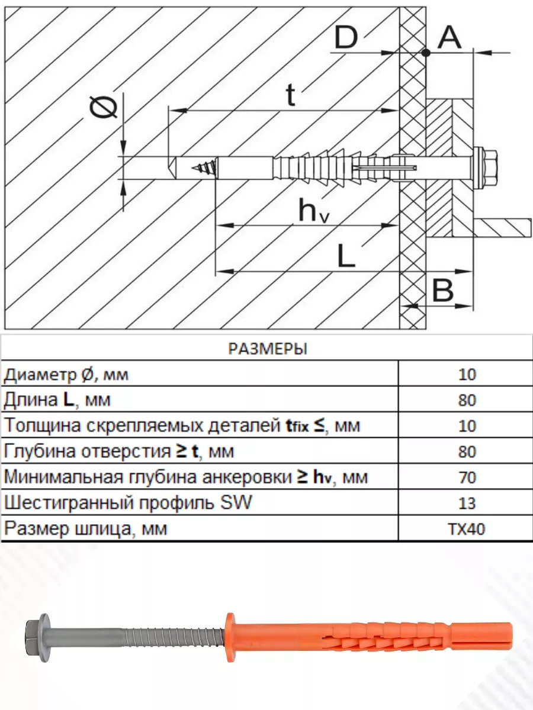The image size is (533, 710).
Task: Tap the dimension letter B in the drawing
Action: click(x=443, y=291)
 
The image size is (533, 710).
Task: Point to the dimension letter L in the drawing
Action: click(x=346, y=256)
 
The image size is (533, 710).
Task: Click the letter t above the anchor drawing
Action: click(x=290, y=95)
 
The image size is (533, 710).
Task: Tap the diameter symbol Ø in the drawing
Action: click(x=103, y=108)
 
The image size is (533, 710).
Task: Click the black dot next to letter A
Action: click(x=426, y=53)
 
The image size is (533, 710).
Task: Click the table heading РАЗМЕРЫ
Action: click(x=267, y=348)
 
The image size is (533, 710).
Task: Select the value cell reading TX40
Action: click(x=466, y=529)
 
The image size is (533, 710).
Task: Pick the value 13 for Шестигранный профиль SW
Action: click(x=467, y=504)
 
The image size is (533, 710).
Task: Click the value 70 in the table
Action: click(x=467, y=477)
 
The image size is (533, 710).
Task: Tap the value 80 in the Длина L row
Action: click(x=467, y=401)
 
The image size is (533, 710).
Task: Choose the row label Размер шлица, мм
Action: click(x=86, y=529)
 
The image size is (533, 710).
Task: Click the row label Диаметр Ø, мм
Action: click(x=66, y=375)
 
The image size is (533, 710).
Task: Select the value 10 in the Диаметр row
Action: click(x=467, y=375)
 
